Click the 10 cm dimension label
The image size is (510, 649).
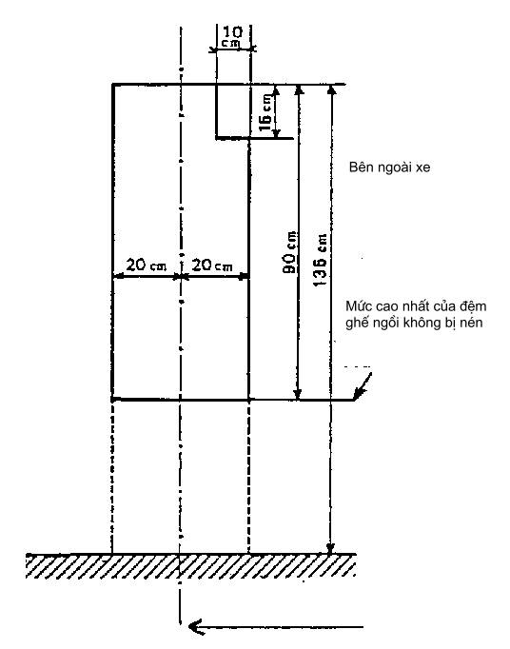pos(233,36)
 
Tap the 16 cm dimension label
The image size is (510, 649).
pos(265,112)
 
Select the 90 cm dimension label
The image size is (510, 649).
pos(290,252)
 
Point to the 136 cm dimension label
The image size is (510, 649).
pos(320,260)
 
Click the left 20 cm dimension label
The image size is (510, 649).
pos(147,265)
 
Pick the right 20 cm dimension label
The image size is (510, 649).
pos(212,265)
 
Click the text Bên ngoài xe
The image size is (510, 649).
pos(389,167)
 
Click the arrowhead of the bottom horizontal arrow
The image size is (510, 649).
pos(194,627)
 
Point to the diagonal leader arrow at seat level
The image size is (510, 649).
pos(363,386)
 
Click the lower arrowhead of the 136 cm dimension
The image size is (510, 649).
pos(330,548)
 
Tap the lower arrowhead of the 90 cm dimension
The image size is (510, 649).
pos(297,394)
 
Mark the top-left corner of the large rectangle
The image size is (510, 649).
pos(112,85)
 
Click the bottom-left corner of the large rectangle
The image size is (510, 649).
pos(112,400)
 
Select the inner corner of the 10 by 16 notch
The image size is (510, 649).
pos(217,137)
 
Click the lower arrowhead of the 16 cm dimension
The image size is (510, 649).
pos(277,133)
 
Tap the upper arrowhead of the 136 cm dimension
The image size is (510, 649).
pos(331,90)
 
